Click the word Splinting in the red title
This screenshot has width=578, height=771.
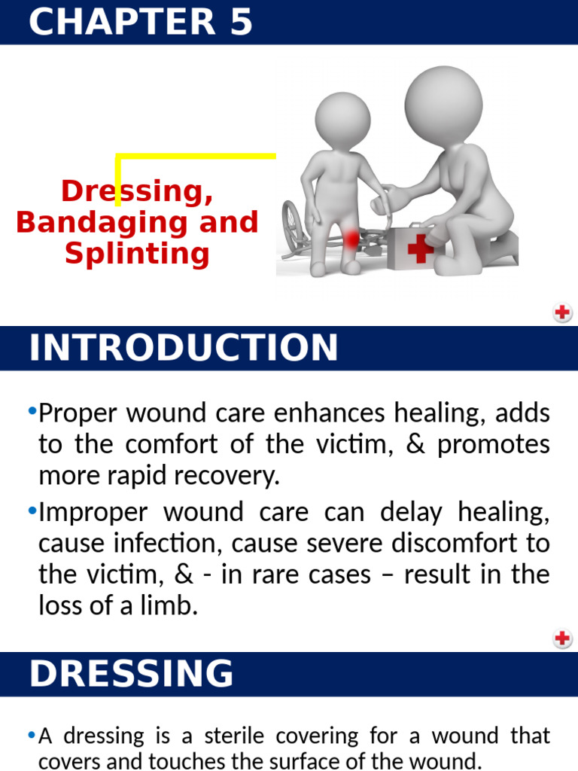click(137, 252)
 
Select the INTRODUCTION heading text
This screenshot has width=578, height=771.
click(184, 348)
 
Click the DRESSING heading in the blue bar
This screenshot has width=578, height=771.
click(132, 673)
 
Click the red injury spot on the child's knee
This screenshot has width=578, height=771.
click(351, 239)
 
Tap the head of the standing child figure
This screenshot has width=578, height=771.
click(342, 118)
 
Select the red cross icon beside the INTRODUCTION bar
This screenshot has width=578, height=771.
click(562, 312)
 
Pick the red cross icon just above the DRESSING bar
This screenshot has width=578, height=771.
click(562, 638)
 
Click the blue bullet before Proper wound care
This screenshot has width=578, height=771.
click(32, 411)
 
